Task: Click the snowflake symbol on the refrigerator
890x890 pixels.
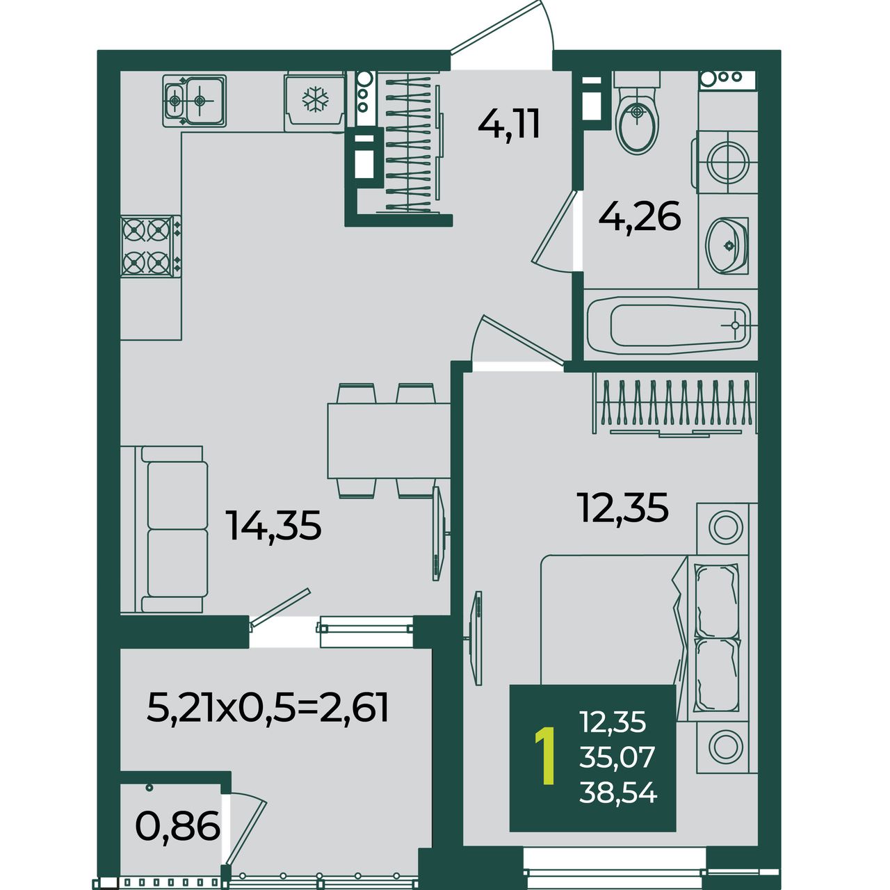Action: [x=316, y=99]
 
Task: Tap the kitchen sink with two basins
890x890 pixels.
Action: [x=195, y=100]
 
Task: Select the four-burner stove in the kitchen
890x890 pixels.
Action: [x=151, y=246]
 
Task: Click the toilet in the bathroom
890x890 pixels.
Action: [x=638, y=113]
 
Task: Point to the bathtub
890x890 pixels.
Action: [x=669, y=325]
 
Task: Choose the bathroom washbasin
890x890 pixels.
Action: [x=727, y=245]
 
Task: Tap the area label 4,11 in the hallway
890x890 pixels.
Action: [x=508, y=124]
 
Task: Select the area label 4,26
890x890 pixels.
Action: [x=639, y=216]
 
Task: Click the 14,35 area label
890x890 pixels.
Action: [x=273, y=525]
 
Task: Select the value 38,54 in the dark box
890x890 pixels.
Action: [x=618, y=793]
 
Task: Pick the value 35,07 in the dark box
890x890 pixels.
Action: [x=617, y=757]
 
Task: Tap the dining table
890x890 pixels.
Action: [x=389, y=441]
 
